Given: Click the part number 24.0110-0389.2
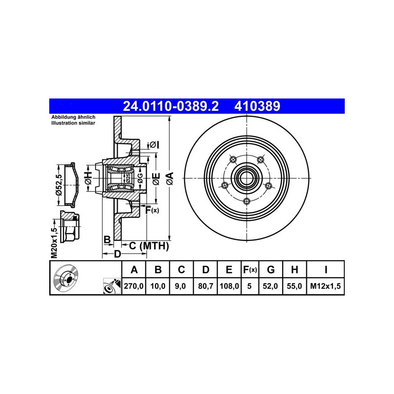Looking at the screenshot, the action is coord(170,106).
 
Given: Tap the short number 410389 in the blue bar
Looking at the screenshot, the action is coord(257,106).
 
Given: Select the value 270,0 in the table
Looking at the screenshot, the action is coord(133,286).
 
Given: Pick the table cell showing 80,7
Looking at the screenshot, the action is coord(205,286).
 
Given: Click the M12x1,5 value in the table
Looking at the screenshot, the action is coord(326,286).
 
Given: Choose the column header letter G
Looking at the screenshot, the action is coord(270,269).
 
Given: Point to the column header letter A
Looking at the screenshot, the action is coord(134,269).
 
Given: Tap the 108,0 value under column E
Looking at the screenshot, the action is coord(229,286).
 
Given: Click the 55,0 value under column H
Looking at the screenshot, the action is coord(294,286).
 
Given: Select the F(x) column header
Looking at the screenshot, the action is coord(250,269).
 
